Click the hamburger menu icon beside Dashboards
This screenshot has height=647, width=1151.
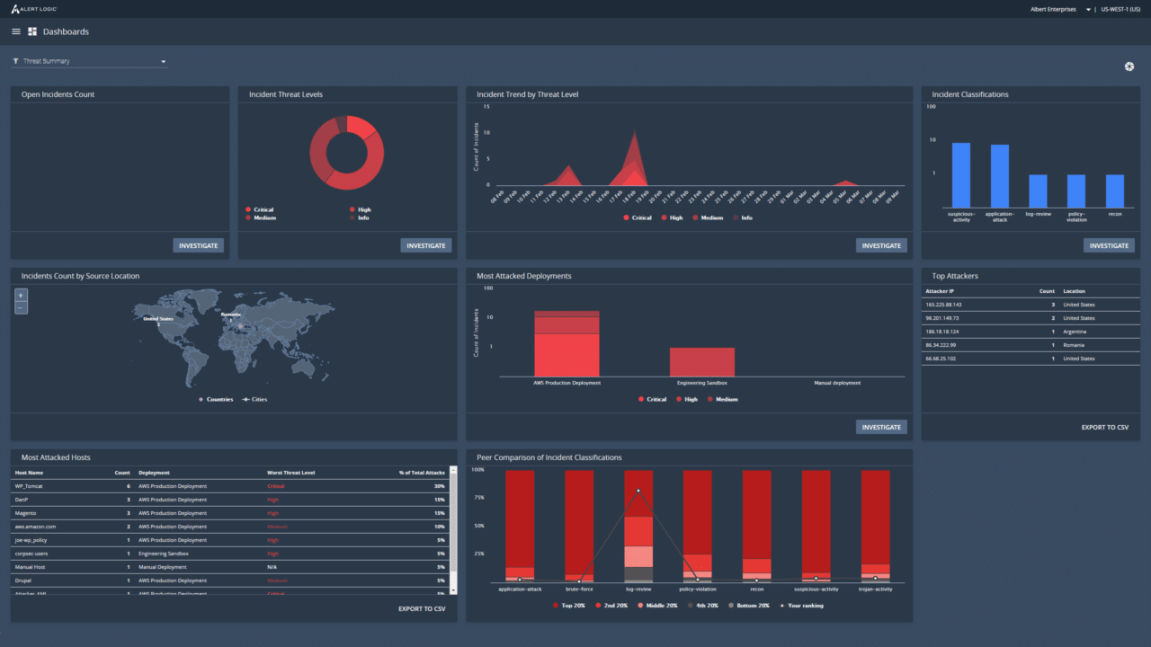click(x=16, y=31)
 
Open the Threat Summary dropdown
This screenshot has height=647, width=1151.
click(x=90, y=61)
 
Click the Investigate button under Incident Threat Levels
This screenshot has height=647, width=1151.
click(x=426, y=245)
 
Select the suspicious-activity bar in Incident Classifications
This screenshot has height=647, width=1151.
click(x=961, y=175)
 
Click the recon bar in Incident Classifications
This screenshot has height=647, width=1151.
click(x=1115, y=191)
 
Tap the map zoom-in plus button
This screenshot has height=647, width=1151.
click(x=22, y=295)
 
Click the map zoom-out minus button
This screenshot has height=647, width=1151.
click(x=22, y=308)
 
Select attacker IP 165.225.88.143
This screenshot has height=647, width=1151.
click(x=943, y=305)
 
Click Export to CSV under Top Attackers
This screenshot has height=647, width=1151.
click(x=1104, y=428)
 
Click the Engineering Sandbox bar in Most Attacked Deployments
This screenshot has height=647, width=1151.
click(x=702, y=361)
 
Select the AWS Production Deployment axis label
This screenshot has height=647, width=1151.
click(x=567, y=383)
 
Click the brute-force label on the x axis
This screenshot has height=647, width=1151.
click(x=579, y=589)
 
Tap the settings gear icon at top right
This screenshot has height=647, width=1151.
click(x=1129, y=66)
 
